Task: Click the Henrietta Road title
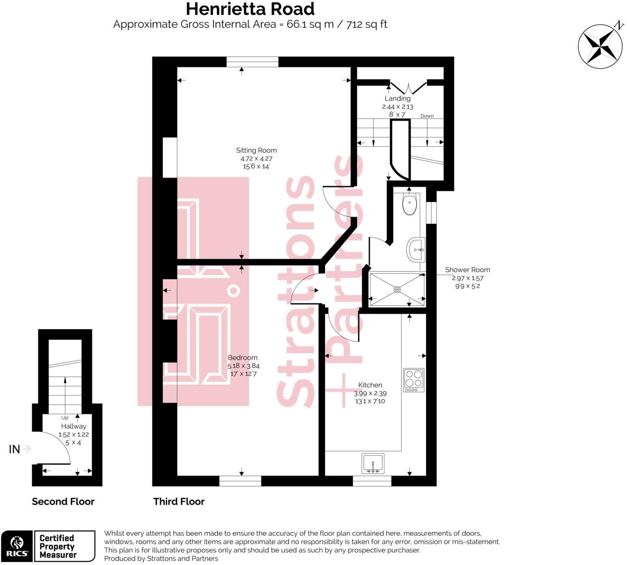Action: pyautogui.click(x=250, y=9)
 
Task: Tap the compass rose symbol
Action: pyautogui.click(x=600, y=46)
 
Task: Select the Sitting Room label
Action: pyautogui.click(x=256, y=151)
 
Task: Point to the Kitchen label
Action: pyautogui.click(x=370, y=385)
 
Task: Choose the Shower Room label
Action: pyautogui.click(x=467, y=270)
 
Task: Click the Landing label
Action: pyautogui.click(x=398, y=99)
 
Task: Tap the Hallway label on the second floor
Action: pyautogui.click(x=74, y=427)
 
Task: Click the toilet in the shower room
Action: pyautogui.click(x=409, y=204)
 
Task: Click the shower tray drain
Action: pyautogui.click(x=397, y=289)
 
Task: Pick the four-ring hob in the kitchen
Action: pyautogui.click(x=413, y=380)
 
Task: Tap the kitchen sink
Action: pyautogui.click(x=373, y=464)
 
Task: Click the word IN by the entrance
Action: pyautogui.click(x=15, y=449)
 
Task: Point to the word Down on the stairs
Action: pyautogui.click(x=427, y=116)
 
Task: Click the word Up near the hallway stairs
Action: pyautogui.click(x=65, y=418)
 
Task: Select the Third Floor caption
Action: pyautogui.click(x=179, y=502)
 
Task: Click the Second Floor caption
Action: pyautogui.click(x=63, y=502)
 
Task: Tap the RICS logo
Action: pyautogui.click(x=17, y=546)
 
